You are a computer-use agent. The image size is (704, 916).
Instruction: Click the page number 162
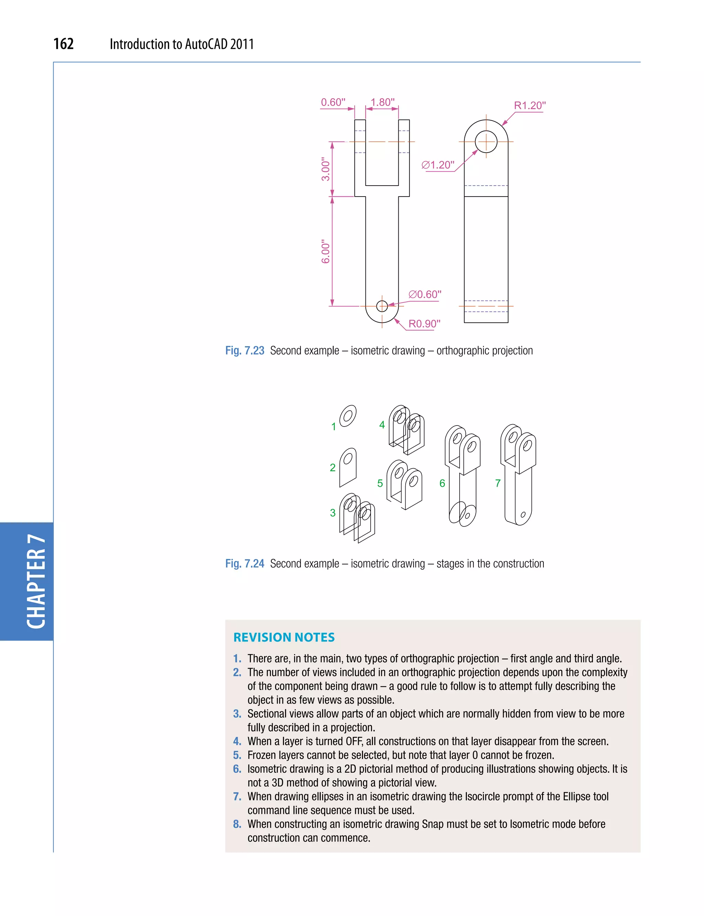click(64, 44)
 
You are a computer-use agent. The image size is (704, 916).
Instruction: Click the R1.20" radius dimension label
click(530, 106)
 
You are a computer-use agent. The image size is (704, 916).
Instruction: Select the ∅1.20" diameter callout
click(438, 165)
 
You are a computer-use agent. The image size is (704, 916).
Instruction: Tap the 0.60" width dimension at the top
click(333, 102)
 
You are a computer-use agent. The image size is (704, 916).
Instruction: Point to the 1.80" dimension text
click(382, 102)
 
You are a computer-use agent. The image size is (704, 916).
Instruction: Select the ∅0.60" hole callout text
click(425, 295)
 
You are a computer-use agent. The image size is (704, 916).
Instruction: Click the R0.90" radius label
click(424, 324)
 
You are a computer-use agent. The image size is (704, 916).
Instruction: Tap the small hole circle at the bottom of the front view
click(382, 306)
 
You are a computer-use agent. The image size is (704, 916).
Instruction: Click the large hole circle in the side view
click(486, 142)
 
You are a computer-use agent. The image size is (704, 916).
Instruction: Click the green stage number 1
click(333, 427)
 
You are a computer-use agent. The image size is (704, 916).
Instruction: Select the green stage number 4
click(382, 425)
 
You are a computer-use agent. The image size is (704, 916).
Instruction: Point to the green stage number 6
click(442, 484)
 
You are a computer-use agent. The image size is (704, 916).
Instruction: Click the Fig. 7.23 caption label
click(245, 351)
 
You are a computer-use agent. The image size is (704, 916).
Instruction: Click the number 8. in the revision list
click(237, 824)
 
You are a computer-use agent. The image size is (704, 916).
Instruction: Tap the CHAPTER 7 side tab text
click(36, 581)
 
